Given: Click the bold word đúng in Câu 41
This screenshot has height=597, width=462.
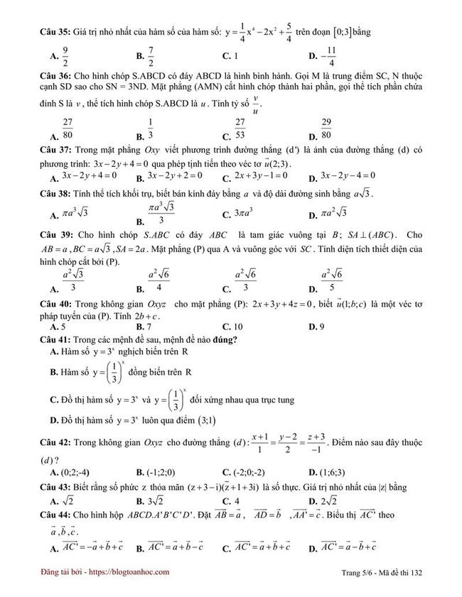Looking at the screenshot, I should click(x=223, y=339).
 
